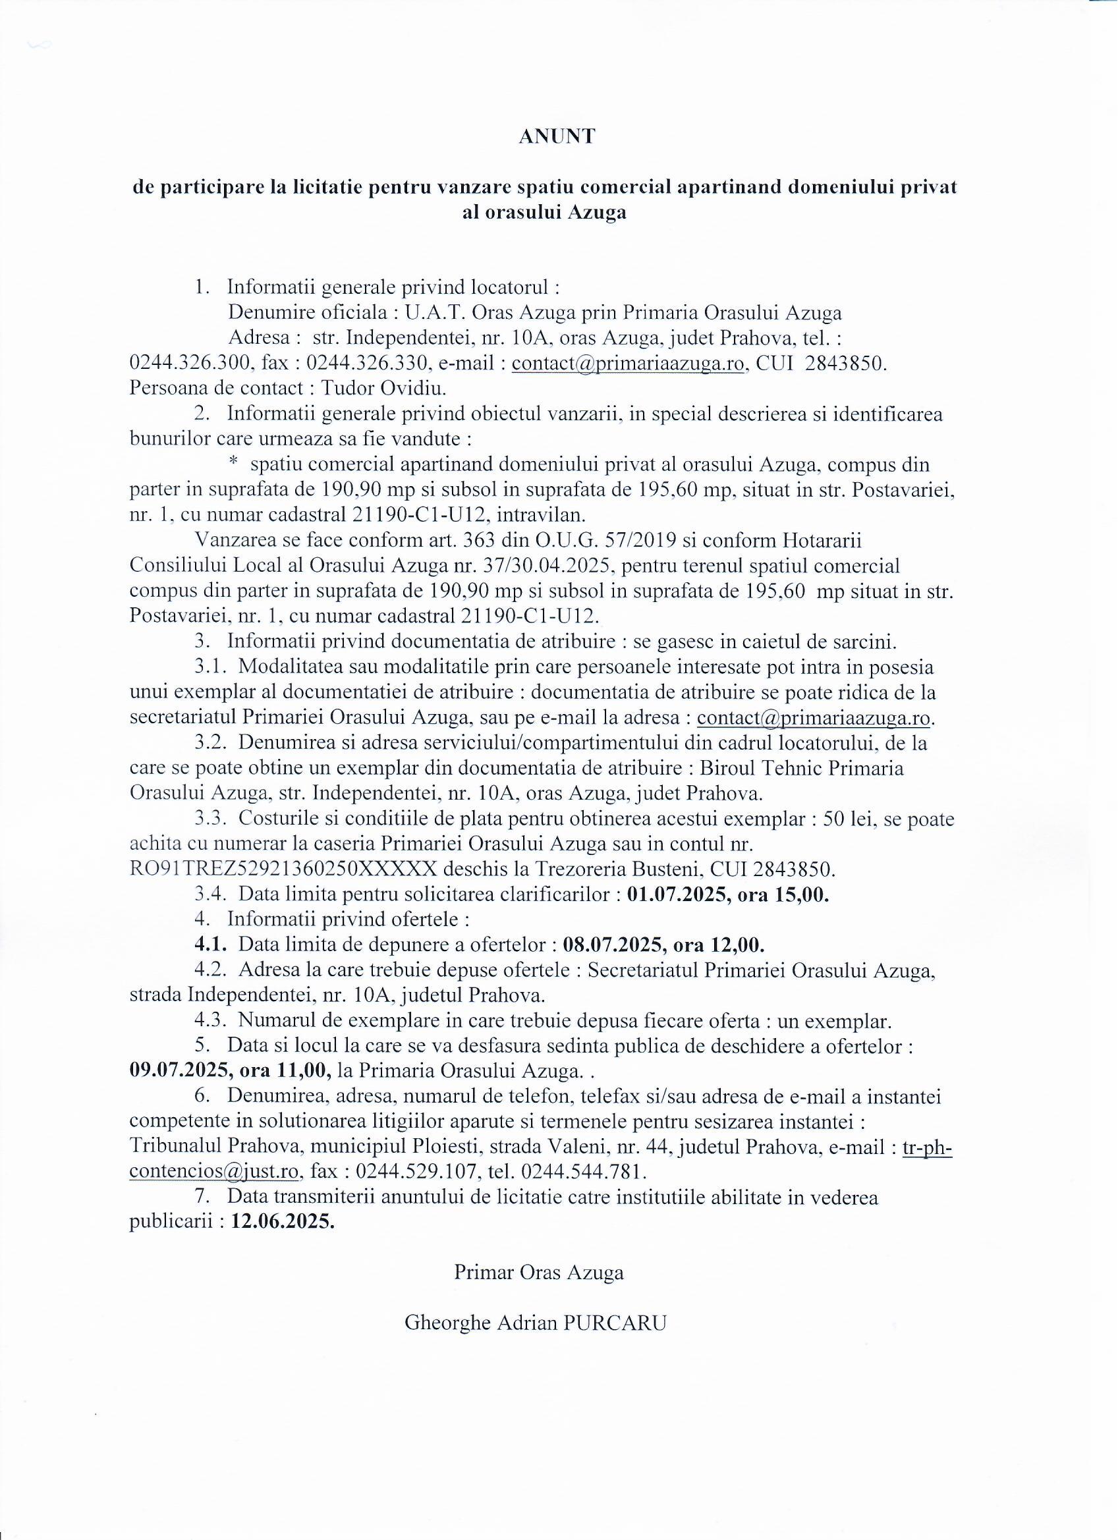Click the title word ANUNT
pos(556,136)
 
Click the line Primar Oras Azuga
pos(539,1272)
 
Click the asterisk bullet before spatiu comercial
pos(233,462)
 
